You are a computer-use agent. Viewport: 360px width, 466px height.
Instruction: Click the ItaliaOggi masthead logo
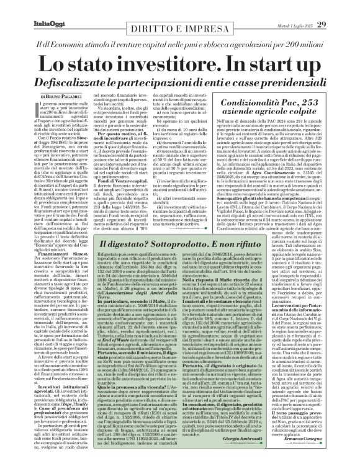pos(29,8)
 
